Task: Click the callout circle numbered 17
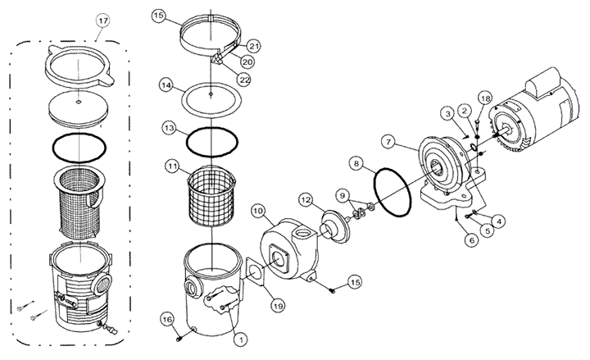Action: (x=102, y=21)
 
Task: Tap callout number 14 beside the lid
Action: (x=166, y=85)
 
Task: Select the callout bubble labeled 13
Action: (x=170, y=129)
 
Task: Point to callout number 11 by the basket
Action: (x=172, y=166)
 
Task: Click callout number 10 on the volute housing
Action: (x=258, y=212)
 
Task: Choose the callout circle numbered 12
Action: (x=306, y=199)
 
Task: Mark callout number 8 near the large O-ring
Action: (x=356, y=163)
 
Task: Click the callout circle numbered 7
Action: (x=388, y=142)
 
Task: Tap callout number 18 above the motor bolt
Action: (x=485, y=98)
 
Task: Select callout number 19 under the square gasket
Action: (x=278, y=306)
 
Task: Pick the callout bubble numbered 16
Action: (x=167, y=320)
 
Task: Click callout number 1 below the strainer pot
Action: (x=240, y=339)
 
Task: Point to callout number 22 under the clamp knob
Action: (x=244, y=80)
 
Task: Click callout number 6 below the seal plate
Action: (x=471, y=240)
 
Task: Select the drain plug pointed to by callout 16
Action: (x=179, y=339)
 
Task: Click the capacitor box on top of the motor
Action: (x=538, y=86)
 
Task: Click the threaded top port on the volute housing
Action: (x=302, y=236)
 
